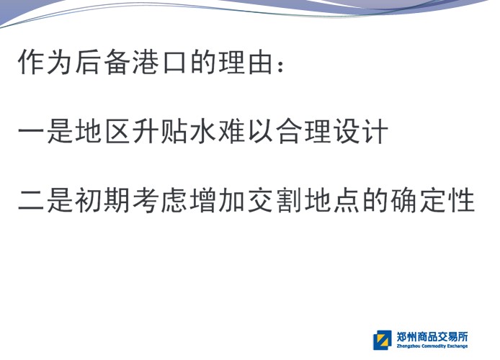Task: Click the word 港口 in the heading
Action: (159, 61)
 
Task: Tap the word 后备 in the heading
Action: (102, 61)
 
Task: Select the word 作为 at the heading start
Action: (45, 61)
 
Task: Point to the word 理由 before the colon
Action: (246, 61)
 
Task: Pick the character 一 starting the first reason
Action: (31, 132)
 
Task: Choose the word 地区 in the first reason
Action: (102, 131)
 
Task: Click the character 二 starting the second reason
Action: (31, 201)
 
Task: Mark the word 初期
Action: (102, 200)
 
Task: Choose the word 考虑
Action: (159, 200)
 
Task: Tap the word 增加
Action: (217, 200)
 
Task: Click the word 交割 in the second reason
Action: (274, 200)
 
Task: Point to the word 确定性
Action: (433, 200)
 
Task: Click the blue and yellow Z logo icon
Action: (383, 341)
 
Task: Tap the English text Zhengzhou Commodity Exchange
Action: (432, 346)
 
